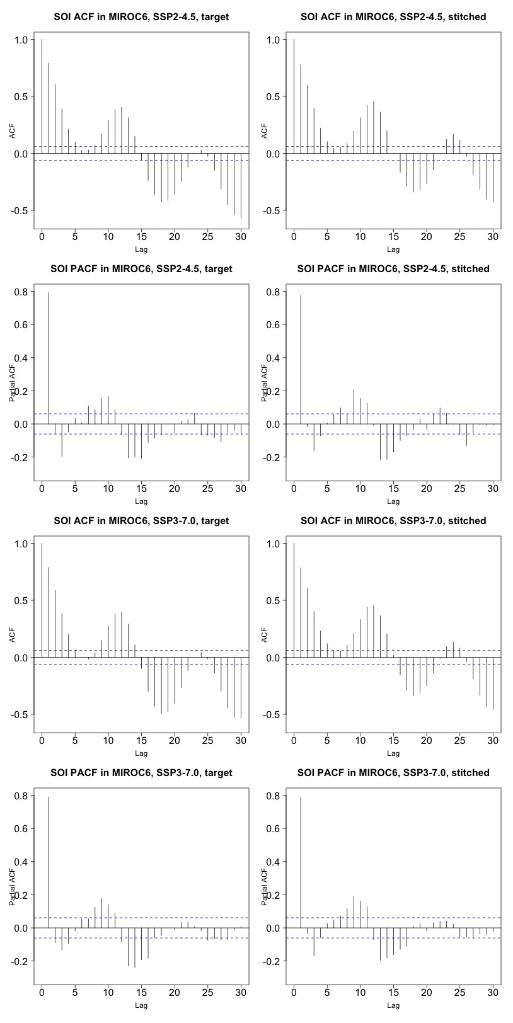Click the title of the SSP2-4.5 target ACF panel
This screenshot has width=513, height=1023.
coord(141,17)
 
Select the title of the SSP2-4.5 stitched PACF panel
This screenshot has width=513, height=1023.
coord(393,269)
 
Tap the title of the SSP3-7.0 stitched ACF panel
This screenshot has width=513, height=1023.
coord(393,521)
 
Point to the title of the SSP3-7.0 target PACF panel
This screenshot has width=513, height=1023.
coord(141,773)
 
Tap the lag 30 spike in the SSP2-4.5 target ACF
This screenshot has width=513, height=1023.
coord(241,186)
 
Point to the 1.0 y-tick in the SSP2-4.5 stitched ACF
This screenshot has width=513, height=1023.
coord(274,40)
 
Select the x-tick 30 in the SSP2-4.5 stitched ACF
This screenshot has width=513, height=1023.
coord(493,237)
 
